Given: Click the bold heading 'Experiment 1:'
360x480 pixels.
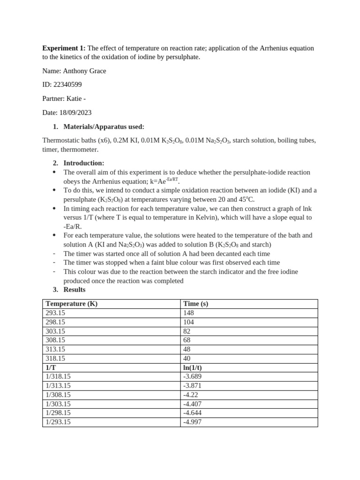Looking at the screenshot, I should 64,48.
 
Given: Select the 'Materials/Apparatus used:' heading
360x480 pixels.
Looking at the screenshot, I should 104,127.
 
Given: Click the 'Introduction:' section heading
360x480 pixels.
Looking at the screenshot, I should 83,163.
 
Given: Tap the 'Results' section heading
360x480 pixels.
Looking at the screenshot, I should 74,290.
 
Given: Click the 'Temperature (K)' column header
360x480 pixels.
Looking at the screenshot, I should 71,304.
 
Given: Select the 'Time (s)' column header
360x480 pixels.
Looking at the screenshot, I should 195,304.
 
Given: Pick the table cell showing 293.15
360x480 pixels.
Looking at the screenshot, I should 55,313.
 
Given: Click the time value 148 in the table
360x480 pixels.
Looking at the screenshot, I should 188,313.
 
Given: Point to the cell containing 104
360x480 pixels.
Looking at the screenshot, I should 188,322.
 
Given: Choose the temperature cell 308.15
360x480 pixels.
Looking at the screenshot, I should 55,340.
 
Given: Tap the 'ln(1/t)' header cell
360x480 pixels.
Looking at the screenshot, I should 194,367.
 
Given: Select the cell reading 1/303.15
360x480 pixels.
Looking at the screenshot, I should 58,404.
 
